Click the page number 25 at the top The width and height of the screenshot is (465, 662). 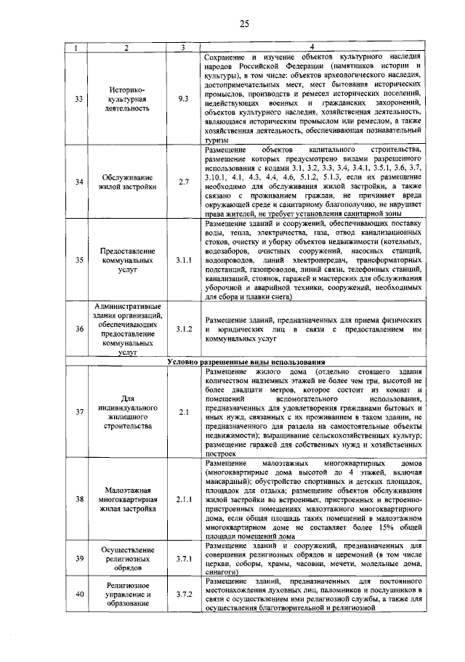click(244, 25)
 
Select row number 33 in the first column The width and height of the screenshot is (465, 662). click(79, 97)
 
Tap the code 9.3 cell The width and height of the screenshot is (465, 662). click(183, 97)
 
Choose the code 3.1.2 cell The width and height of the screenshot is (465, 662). click(183, 329)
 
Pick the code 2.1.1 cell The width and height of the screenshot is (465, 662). click(183, 499)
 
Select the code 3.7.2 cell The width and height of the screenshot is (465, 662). click(183, 594)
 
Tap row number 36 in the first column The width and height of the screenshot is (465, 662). click(79, 329)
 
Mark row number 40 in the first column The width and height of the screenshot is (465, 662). click(79, 594)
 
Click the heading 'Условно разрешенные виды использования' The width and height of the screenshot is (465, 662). click(246, 361)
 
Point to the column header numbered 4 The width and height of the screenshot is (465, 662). click(312, 48)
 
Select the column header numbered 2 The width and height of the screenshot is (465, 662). click(127, 48)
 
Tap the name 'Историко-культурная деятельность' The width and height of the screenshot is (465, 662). click(127, 97)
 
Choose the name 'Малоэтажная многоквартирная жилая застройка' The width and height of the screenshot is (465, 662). click(127, 499)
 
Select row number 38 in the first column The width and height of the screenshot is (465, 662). click(79, 499)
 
